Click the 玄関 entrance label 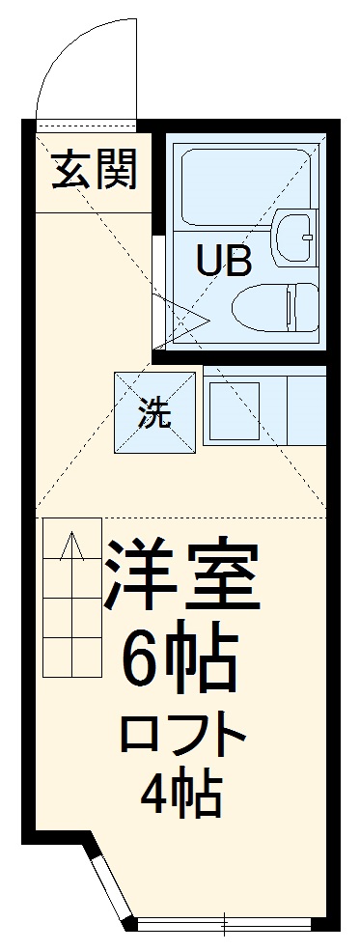(x=94, y=171)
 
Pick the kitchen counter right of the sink (x=306, y=410)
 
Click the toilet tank (x=307, y=306)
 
